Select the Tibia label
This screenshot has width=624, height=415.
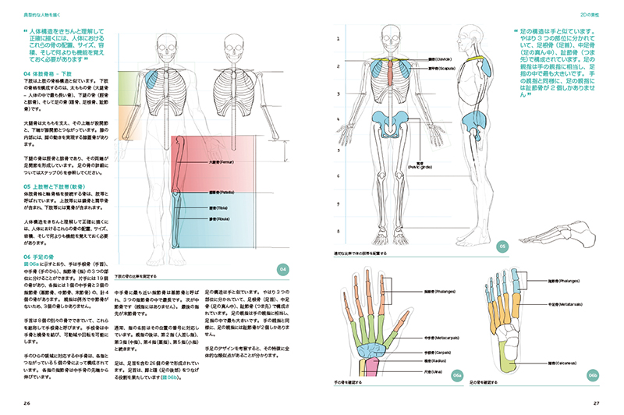tap(222, 208)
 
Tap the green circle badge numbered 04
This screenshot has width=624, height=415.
tap(284, 269)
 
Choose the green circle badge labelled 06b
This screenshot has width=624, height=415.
tap(593, 375)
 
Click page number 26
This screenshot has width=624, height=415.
tap(27, 403)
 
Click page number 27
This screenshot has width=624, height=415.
tap(596, 403)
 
